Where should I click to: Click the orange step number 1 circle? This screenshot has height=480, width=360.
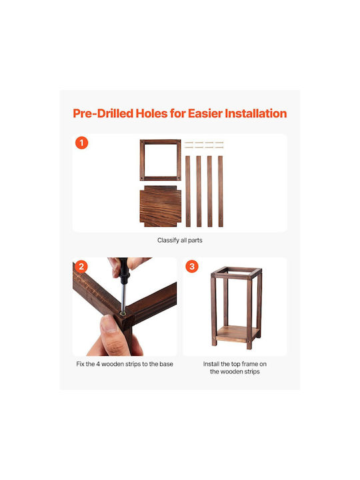point(81,143)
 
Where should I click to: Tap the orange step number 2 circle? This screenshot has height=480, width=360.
point(81,266)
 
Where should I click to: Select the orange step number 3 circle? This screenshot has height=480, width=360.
point(192,266)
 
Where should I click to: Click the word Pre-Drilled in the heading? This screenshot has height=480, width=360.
point(103,113)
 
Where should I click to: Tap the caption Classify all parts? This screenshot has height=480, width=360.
point(180,240)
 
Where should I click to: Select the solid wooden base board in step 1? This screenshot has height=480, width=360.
point(161,206)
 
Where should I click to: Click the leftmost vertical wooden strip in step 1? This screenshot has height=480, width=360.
point(187,191)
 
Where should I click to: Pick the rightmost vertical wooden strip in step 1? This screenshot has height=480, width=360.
point(221,191)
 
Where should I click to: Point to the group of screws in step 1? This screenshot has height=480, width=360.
point(204,145)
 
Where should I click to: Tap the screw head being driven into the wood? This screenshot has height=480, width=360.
point(123,313)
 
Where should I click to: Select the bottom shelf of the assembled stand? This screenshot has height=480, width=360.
point(235,334)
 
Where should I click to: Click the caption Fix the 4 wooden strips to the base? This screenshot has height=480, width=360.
point(125,364)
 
